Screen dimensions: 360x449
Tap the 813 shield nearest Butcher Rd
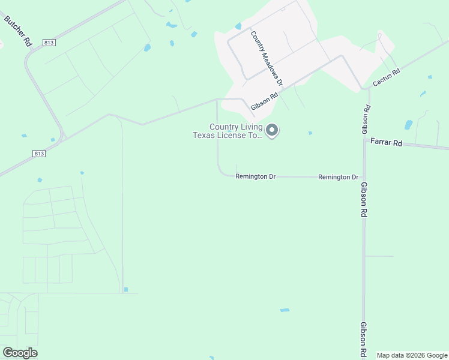pyautogui.click(x=50, y=43)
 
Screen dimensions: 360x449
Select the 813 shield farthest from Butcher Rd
pyautogui.click(x=38, y=154)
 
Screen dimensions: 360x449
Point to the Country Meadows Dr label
pyautogui.click(x=267, y=58)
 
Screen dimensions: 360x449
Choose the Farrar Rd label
pyautogui.click(x=385, y=143)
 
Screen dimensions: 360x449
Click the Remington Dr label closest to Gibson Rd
pyautogui.click(x=338, y=177)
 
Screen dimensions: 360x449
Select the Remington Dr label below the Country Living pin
pyautogui.click(x=255, y=177)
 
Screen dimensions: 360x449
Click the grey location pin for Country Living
pyautogui.click(x=272, y=130)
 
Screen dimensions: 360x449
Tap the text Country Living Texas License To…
pyautogui.click(x=228, y=131)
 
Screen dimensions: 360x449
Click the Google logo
pyautogui.click(x=20, y=353)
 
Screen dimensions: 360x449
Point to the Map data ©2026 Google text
pyautogui.click(x=412, y=355)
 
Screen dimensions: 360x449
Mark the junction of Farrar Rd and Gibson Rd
pyautogui.click(x=364, y=140)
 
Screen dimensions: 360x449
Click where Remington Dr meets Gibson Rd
pyautogui.click(x=364, y=177)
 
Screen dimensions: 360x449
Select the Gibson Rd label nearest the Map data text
pyautogui.click(x=364, y=340)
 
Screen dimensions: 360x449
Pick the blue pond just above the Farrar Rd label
pyautogui.click(x=409, y=125)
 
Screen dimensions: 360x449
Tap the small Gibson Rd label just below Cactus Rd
pyautogui.click(x=367, y=119)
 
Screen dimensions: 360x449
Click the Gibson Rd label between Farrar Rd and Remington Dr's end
pyautogui.click(x=364, y=199)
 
